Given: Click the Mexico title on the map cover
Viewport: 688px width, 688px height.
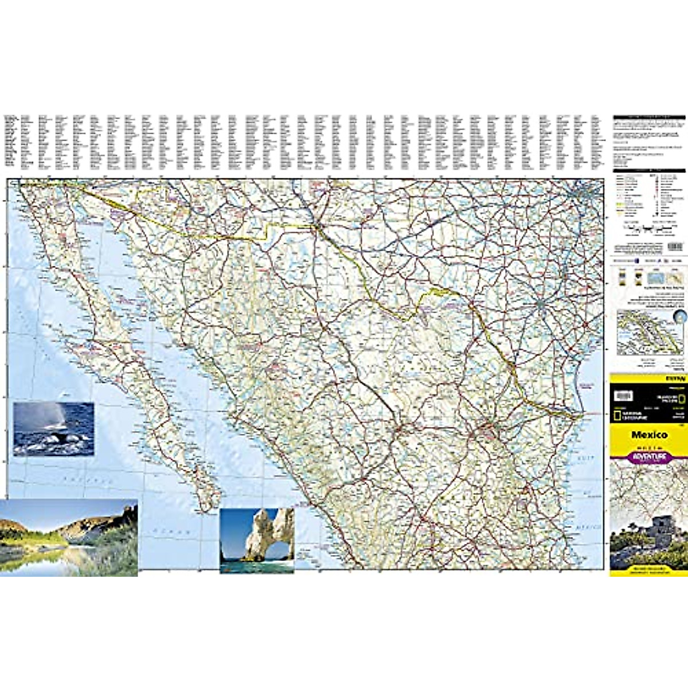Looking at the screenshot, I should pyautogui.click(x=649, y=435).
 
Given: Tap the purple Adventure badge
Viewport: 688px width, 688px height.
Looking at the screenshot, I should pyautogui.click(x=649, y=456).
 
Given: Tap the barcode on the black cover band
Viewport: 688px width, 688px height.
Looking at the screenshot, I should pyautogui.click(x=623, y=396).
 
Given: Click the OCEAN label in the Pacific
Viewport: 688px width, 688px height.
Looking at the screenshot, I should pyautogui.click(x=172, y=532).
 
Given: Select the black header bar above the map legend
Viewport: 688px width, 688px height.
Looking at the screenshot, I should pyautogui.click(x=649, y=170).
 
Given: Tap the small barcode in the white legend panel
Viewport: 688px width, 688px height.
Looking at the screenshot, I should pyautogui.click(x=676, y=246).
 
